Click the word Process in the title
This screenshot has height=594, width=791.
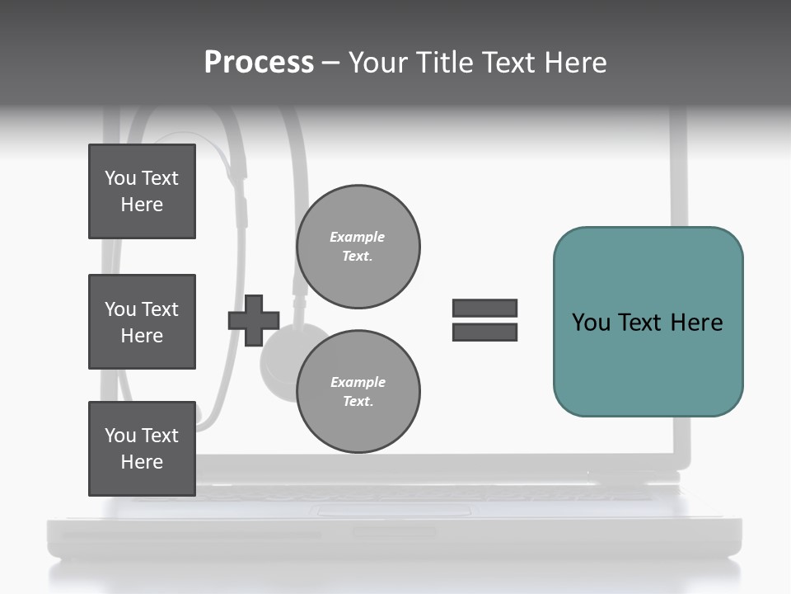259,63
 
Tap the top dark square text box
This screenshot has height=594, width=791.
142,191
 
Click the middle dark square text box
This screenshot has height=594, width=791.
142,322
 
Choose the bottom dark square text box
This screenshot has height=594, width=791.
142,449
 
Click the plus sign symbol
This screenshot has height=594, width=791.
254,321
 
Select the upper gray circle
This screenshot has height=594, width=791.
358,247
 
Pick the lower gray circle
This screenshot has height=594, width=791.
358,392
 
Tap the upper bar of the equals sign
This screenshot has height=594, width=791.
484,308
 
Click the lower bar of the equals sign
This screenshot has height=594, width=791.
484,332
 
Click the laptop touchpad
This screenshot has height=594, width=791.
391,511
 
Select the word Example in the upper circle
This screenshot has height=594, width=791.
358,237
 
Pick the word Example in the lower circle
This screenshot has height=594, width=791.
358,382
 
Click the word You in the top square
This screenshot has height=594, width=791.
120,178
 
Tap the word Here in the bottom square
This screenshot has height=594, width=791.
142,462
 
